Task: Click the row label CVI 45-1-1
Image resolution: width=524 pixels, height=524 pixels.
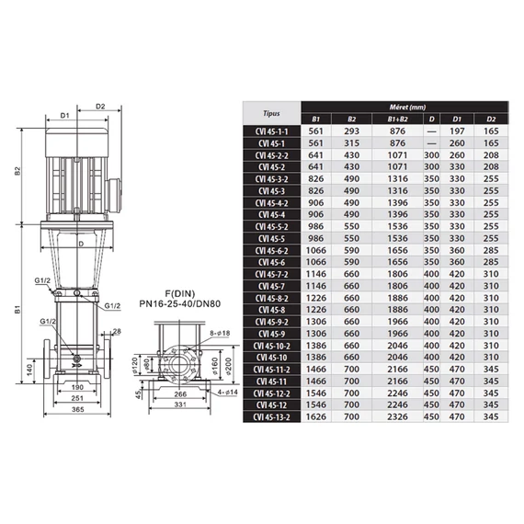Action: click(x=271, y=131)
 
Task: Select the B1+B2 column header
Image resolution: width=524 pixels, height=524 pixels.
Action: click(x=397, y=119)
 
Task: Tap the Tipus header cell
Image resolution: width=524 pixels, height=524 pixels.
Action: click(x=271, y=113)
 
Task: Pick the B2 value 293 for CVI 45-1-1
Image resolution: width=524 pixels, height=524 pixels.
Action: click(x=351, y=131)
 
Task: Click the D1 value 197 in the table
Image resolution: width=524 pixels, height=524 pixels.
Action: click(x=457, y=131)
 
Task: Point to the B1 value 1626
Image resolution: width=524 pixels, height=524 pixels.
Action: click(x=316, y=416)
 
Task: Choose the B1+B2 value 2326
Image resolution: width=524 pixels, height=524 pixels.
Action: click(x=397, y=416)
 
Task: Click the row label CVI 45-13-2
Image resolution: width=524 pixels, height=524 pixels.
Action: click(x=271, y=417)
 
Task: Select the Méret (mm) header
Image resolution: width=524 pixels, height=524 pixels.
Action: click(x=407, y=108)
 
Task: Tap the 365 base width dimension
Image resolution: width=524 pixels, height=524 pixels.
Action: click(x=77, y=409)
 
